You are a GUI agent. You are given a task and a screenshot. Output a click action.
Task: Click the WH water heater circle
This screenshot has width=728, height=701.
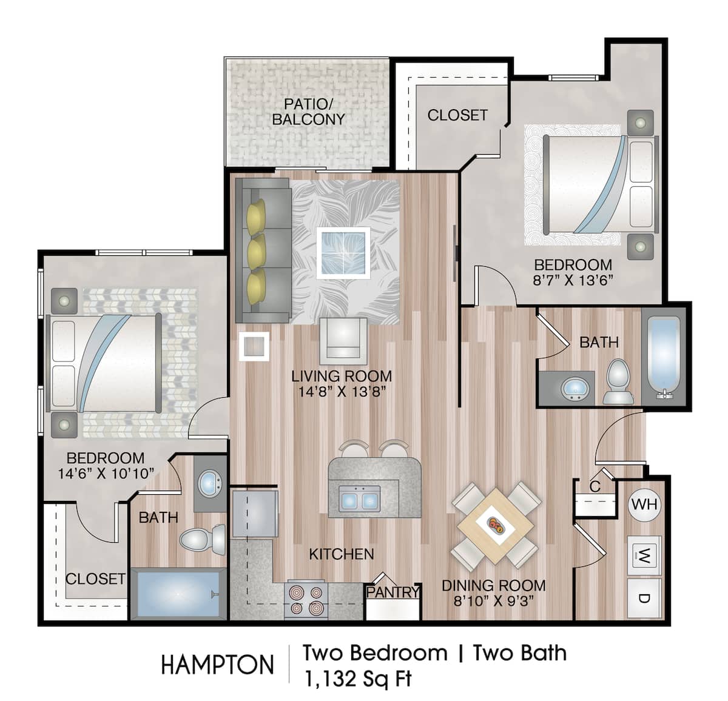(644, 504)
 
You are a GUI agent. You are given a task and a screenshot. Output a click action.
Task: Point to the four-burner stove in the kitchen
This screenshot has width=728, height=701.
(306, 599)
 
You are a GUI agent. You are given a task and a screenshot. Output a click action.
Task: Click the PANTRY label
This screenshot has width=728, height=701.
(393, 592)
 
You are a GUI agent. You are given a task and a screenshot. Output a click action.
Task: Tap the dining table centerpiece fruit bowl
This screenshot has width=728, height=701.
(496, 525)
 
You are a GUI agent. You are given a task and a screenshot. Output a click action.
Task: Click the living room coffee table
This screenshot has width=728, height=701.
(344, 252)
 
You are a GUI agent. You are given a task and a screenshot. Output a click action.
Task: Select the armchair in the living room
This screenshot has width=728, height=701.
(343, 338)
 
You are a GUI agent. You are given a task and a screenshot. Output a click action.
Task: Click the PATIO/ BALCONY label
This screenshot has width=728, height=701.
(308, 112)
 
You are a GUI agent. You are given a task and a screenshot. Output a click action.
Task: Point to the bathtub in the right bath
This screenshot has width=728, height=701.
(665, 358)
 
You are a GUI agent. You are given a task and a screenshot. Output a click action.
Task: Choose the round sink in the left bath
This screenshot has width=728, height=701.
(210, 483)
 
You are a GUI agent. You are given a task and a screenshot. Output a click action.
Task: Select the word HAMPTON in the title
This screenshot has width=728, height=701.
(217, 665)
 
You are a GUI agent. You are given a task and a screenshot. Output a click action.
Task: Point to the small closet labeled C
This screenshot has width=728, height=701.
(595, 486)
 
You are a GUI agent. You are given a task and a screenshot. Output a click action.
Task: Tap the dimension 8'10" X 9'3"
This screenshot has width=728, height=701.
(493, 601)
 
